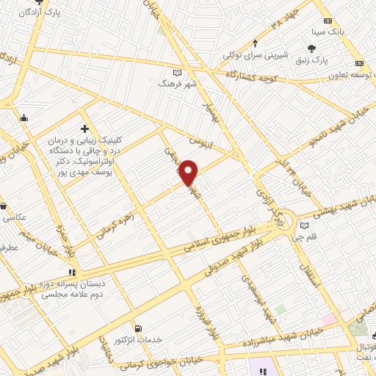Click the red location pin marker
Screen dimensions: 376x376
point(189,173)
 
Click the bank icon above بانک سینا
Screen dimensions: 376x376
point(328,21)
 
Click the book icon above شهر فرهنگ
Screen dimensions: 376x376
point(176,73)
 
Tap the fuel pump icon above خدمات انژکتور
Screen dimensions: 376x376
point(137,328)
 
